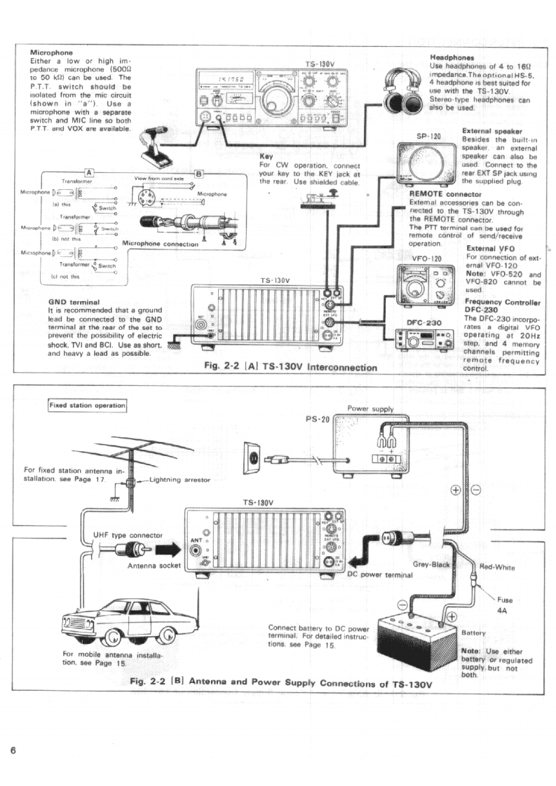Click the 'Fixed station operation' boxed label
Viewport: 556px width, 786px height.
(87, 405)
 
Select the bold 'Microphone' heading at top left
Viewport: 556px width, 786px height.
(52, 52)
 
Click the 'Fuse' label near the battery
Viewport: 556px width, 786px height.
(505, 600)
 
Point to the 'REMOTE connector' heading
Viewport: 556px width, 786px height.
(445, 193)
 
